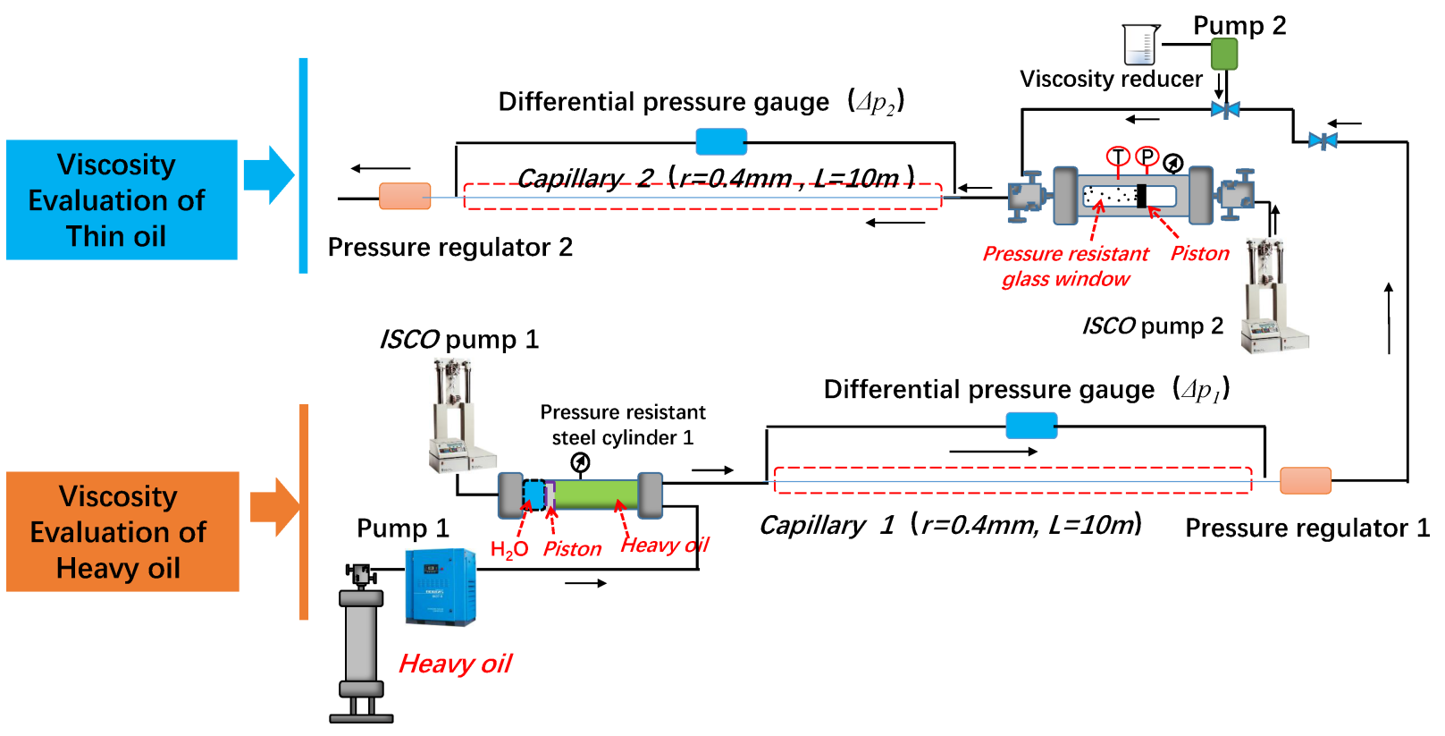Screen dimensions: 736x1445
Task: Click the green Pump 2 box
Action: [1223, 54]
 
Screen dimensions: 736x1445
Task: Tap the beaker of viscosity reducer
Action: [1140, 45]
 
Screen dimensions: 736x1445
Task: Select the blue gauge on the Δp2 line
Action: [720, 141]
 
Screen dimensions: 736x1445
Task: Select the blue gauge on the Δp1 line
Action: [1031, 426]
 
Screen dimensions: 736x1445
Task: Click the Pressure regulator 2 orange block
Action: [405, 196]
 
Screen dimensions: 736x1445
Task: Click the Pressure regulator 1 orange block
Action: [1305, 480]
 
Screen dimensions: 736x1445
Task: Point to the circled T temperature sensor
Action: [1118, 157]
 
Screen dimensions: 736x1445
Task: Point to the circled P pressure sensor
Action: [1147, 157]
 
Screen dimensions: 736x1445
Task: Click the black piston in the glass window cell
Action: [1141, 195]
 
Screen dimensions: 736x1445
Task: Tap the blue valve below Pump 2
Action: [1224, 110]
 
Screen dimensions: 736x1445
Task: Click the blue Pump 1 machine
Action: [440, 586]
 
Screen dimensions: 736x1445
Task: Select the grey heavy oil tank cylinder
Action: [361, 644]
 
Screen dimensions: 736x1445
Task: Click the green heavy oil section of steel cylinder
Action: [596, 494]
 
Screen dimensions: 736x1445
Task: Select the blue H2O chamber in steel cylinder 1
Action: [533, 495]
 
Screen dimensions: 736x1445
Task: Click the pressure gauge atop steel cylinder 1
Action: [580, 462]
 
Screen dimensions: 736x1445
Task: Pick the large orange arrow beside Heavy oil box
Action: [273, 506]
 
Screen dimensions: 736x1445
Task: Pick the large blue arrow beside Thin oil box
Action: [268, 175]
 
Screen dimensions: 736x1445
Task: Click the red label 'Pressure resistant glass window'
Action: [1065, 266]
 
